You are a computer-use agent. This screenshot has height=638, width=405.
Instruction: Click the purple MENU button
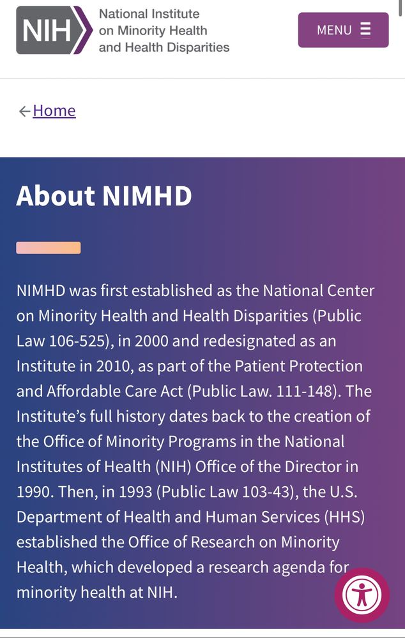[x=343, y=30]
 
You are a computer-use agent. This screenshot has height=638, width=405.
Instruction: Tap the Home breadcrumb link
[x=54, y=111]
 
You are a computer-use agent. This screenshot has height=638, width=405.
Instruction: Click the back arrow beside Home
[x=24, y=112]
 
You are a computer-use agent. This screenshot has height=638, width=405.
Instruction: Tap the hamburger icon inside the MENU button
[x=365, y=30]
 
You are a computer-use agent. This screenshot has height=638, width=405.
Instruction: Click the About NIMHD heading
[x=104, y=196]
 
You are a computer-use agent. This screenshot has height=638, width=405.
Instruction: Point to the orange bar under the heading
[x=49, y=248]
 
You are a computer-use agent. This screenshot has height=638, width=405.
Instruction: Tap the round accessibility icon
[x=362, y=595]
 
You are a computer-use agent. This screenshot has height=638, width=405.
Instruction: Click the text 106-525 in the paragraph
[x=76, y=341]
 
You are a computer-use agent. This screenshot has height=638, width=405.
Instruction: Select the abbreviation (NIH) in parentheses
[x=171, y=467]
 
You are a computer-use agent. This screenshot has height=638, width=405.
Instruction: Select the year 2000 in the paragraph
[x=151, y=341]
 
